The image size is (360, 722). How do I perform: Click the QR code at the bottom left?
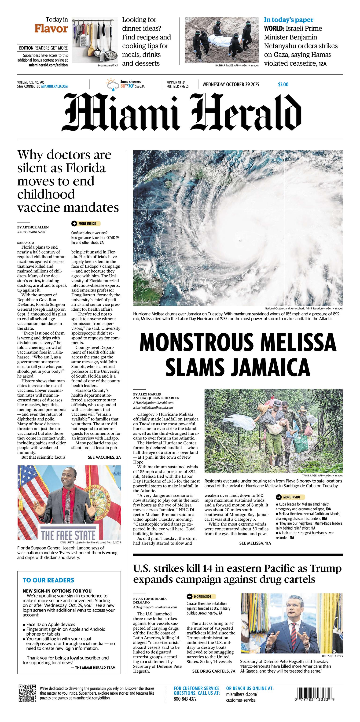[27, 693]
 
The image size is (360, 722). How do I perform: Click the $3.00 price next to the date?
[283, 84]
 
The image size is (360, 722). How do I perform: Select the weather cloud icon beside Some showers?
[112, 84]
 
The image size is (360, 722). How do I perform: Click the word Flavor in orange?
[51, 29]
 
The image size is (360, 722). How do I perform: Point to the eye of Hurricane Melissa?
[240, 240]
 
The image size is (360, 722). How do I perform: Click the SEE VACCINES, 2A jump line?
[104, 457]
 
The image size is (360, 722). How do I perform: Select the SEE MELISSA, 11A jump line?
[255, 543]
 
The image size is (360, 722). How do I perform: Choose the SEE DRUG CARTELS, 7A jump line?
[213, 671]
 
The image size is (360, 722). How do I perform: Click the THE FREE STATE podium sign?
[68, 535]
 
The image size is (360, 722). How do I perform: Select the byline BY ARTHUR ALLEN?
[33, 227]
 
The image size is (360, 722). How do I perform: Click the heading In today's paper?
[289, 20]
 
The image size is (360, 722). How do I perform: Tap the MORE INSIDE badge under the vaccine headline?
[86, 224]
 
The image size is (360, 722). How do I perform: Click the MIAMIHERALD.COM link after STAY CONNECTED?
[54, 87]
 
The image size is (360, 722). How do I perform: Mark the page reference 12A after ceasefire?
[323, 64]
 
